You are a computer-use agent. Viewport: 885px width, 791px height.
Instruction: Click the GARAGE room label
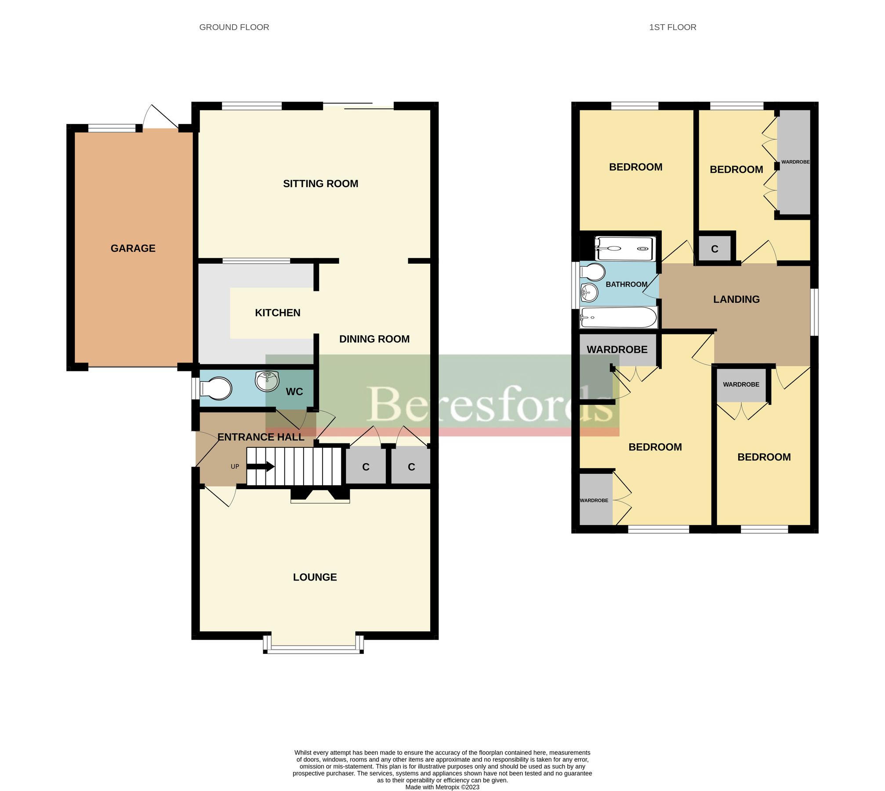(x=133, y=248)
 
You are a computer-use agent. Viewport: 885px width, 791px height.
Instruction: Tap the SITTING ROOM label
(x=320, y=184)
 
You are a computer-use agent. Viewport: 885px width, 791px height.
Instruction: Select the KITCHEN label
(x=278, y=313)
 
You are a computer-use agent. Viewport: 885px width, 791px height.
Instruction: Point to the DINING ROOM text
(x=374, y=339)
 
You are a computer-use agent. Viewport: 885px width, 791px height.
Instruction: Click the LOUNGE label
(x=315, y=577)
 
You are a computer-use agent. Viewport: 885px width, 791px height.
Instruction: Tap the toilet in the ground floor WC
(x=216, y=388)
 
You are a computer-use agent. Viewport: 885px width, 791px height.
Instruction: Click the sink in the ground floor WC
(x=267, y=381)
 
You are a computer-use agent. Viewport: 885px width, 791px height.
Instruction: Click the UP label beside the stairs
(x=235, y=467)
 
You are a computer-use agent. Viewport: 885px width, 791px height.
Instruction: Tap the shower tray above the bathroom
(x=625, y=249)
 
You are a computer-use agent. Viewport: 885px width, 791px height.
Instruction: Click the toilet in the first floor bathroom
(x=593, y=272)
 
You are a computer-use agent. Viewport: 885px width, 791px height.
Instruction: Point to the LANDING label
(x=736, y=299)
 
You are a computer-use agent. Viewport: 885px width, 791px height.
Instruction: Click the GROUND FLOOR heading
(x=234, y=27)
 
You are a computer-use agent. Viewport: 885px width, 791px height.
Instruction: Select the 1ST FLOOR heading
(x=672, y=27)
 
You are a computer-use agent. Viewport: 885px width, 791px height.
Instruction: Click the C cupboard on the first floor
(x=715, y=249)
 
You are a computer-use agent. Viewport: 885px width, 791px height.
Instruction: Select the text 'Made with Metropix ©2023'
(x=442, y=787)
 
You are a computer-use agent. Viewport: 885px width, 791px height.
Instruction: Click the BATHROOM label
(x=626, y=284)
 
